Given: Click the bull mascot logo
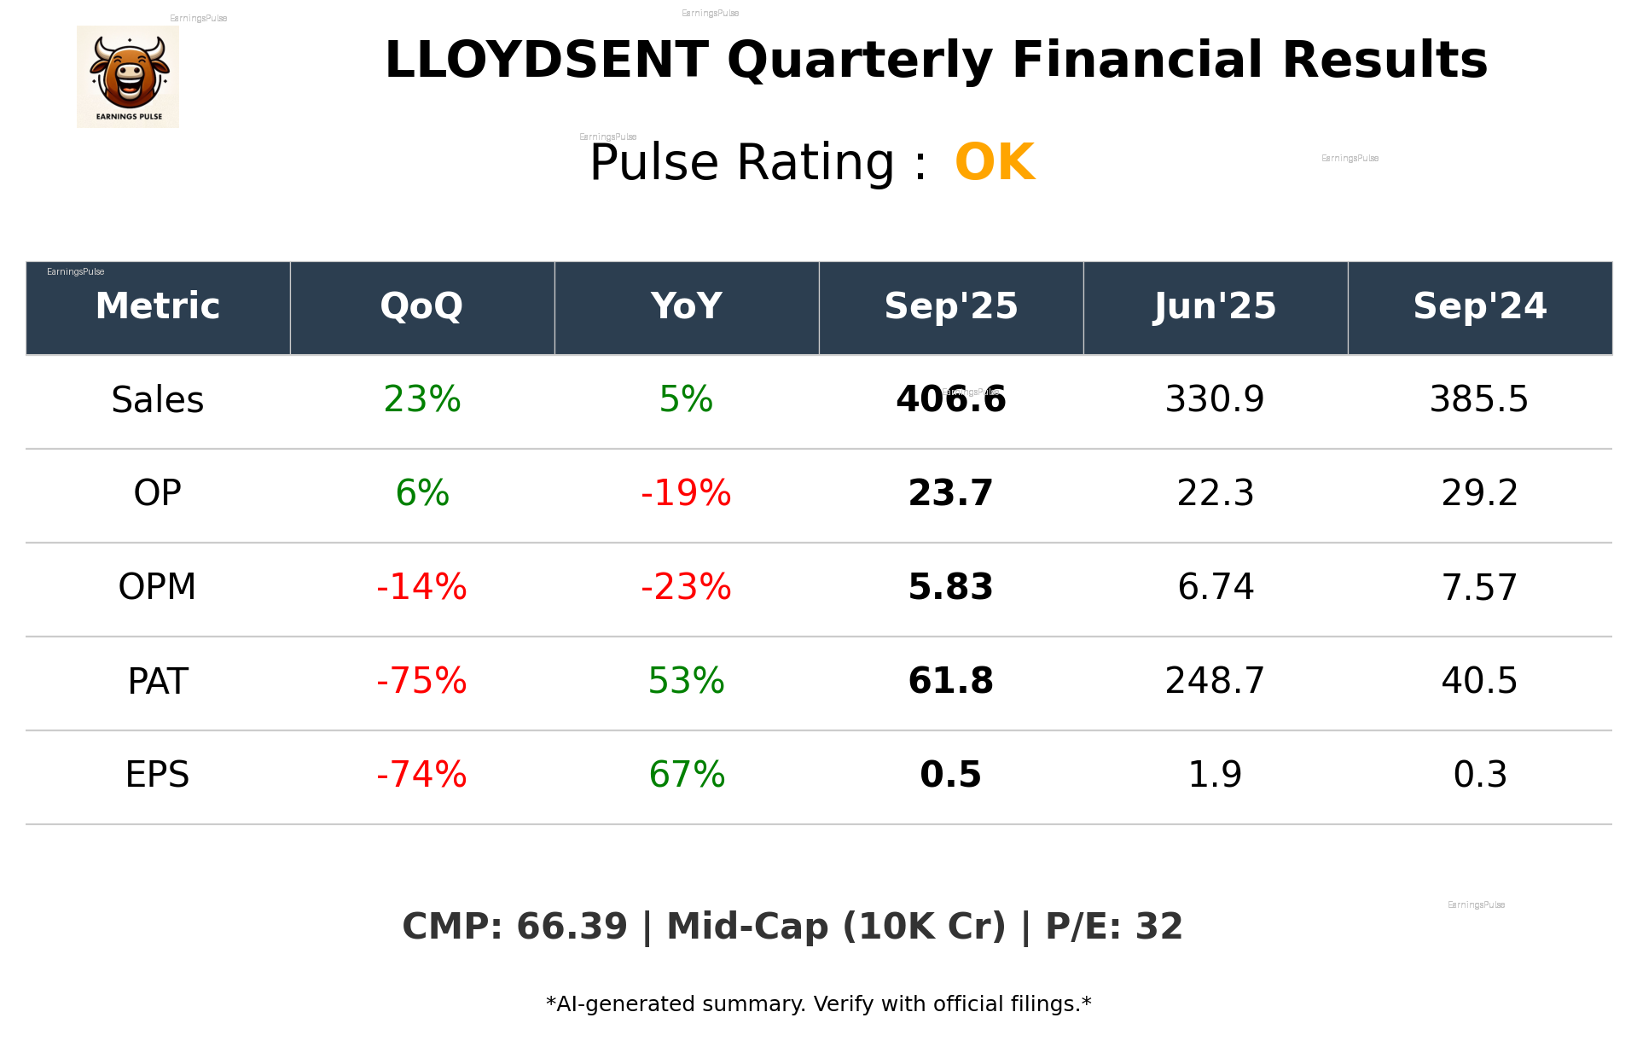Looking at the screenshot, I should (x=128, y=76).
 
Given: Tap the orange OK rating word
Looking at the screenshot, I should (x=995, y=162).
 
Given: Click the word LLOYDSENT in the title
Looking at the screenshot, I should (x=546, y=61).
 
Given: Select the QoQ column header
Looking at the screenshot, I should (x=421, y=306).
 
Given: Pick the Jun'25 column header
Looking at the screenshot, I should (x=1215, y=306).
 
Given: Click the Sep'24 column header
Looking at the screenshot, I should (x=1479, y=306).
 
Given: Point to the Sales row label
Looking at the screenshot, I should (x=158, y=400).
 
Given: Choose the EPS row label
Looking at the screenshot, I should (x=158, y=775).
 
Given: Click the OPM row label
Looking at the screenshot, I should (x=158, y=587).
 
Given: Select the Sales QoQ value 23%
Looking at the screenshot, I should (x=421, y=399).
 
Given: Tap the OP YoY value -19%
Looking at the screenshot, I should (x=686, y=493).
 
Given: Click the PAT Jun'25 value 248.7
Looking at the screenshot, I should (x=1215, y=681).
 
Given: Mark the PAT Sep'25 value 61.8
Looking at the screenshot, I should (x=950, y=681).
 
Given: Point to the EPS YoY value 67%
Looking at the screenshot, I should (x=686, y=775).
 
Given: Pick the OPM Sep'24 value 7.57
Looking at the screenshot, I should (x=1479, y=587).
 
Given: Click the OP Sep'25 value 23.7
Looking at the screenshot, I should (x=950, y=493).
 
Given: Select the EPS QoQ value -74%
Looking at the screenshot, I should (x=421, y=775).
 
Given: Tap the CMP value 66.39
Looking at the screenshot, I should (x=572, y=927).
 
